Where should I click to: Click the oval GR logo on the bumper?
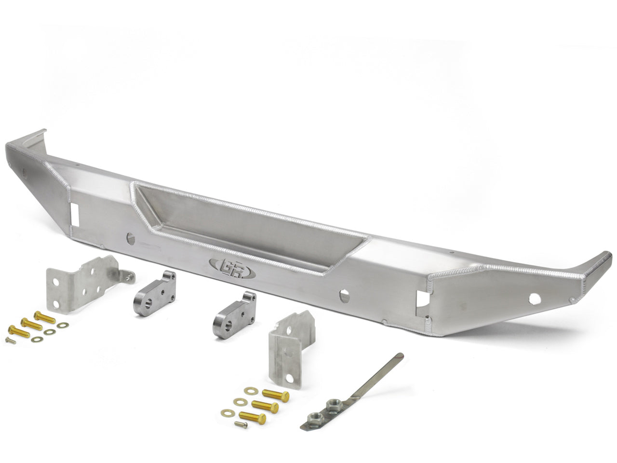(232, 268)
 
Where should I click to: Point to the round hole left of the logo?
(131, 238)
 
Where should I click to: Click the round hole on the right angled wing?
(535, 299)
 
